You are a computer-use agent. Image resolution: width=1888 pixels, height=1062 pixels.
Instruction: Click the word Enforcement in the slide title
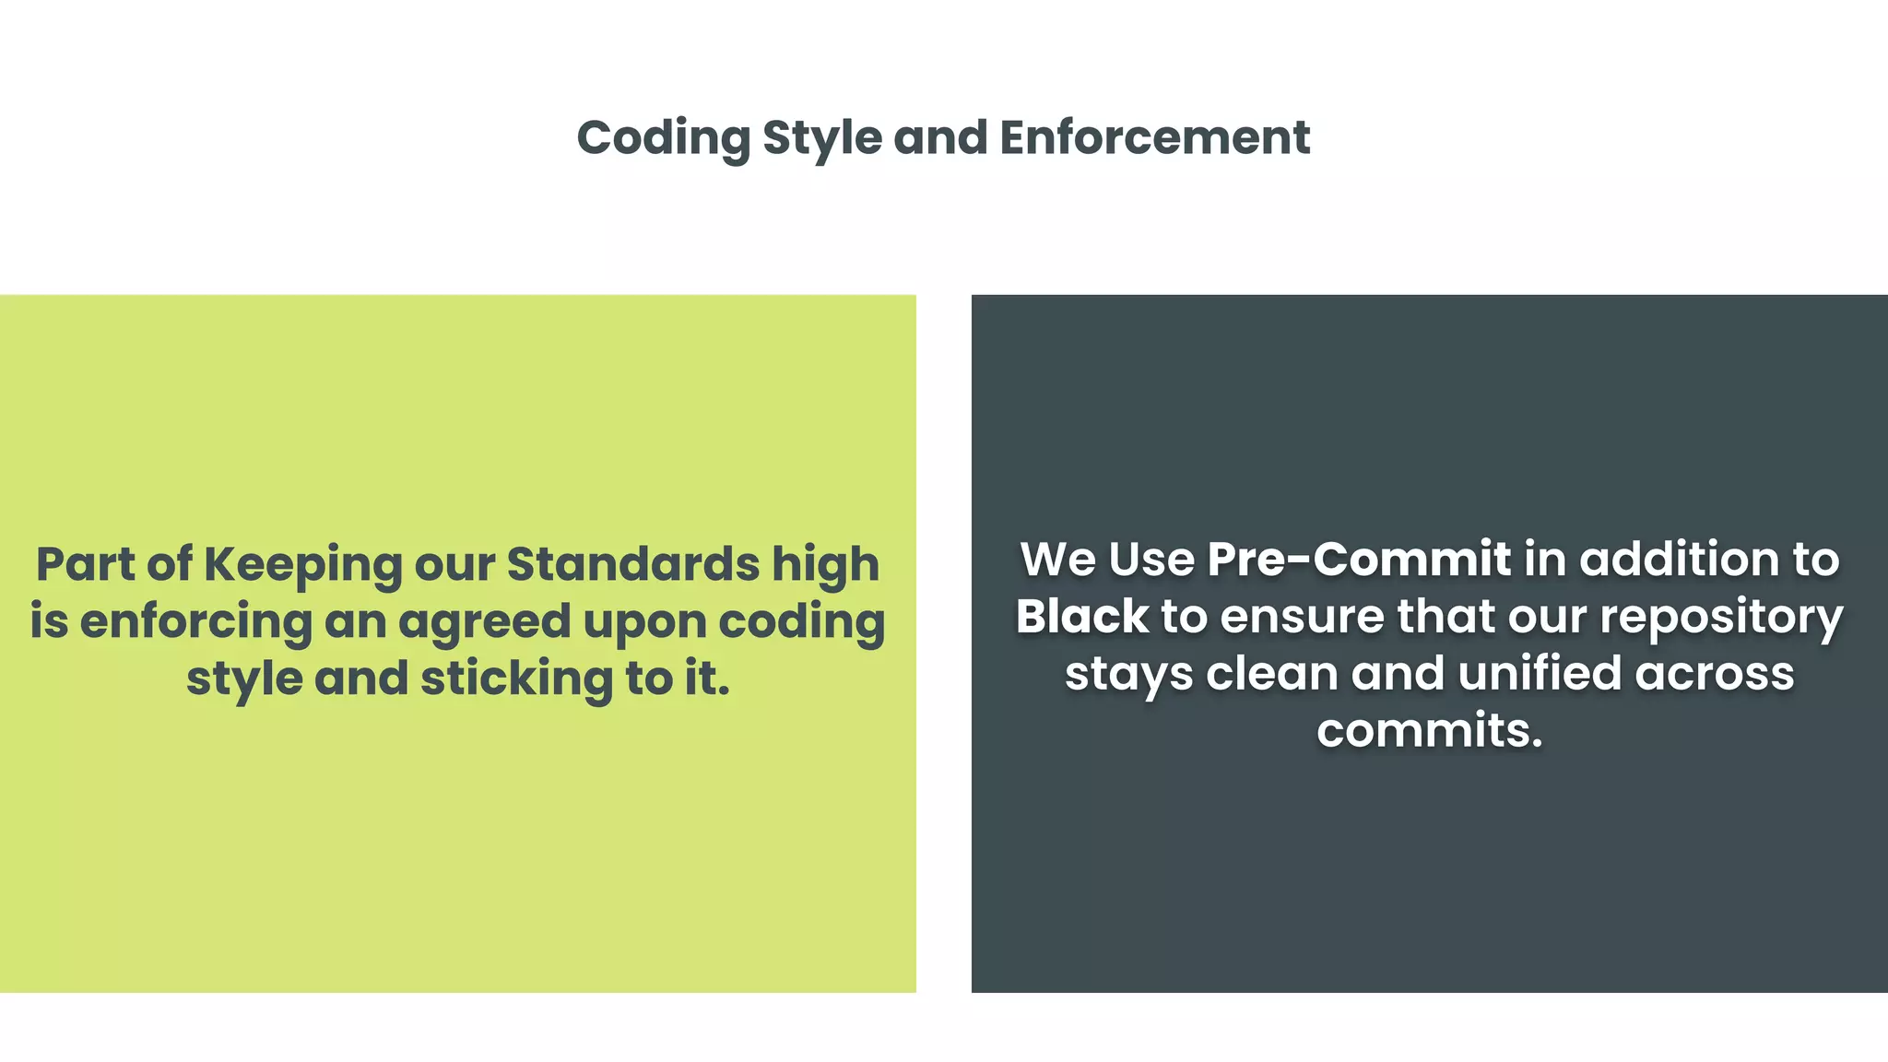tap(1154, 138)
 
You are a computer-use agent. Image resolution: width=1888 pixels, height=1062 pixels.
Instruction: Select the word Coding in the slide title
tap(664, 138)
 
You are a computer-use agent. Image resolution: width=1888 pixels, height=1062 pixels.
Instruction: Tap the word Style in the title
tap(822, 138)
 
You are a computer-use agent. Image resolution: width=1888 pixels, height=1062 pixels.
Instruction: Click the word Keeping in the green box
tap(302, 564)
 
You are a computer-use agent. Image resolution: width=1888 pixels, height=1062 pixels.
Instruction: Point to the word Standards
tap(633, 564)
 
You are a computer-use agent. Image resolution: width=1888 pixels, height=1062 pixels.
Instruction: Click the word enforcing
tap(196, 621)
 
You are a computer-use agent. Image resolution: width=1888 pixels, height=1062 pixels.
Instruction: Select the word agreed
tap(485, 621)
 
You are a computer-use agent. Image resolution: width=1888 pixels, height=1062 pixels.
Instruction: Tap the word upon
tap(644, 621)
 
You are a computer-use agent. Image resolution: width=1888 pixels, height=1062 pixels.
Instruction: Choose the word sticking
tap(517, 678)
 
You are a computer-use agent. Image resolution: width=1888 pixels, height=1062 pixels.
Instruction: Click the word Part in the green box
tap(86, 564)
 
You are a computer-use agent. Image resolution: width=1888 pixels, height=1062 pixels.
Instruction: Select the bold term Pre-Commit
tap(1359, 560)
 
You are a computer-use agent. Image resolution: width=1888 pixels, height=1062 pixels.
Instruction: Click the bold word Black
tap(1082, 617)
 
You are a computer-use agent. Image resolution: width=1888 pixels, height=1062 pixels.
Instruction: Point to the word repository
tap(1721, 617)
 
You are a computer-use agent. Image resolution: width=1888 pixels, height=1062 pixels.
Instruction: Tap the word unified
tap(1540, 674)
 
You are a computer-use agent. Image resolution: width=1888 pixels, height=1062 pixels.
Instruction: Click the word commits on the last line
tap(1429, 731)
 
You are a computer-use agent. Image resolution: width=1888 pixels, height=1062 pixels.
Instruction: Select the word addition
tap(1671, 560)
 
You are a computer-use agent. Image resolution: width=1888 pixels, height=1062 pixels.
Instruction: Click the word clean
tap(1272, 674)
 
